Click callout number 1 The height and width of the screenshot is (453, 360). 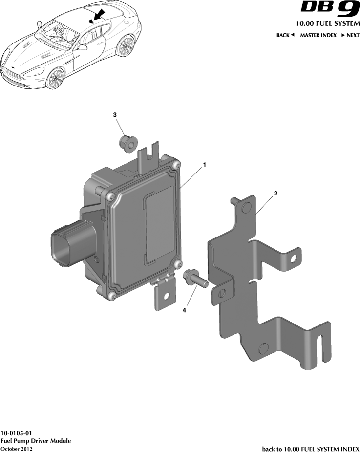point(205,165)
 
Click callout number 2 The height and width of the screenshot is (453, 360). point(275,194)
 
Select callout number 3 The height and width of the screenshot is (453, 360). point(115,115)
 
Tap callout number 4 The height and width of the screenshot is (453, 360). point(184,310)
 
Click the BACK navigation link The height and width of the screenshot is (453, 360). point(285,35)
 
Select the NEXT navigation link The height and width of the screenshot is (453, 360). point(350,35)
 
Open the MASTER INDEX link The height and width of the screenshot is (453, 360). point(318,35)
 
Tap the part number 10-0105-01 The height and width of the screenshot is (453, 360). point(17,433)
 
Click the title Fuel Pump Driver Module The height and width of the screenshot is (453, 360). point(36,441)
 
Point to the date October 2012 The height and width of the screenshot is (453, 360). point(16,448)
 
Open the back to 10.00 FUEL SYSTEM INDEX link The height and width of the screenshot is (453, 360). point(311,448)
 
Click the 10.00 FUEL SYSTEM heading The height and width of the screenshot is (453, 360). point(327,23)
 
